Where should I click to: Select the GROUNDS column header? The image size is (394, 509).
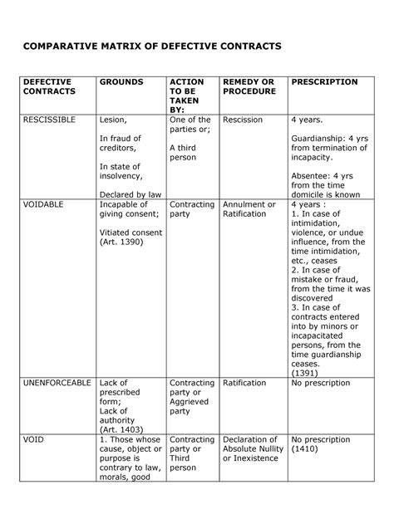pos(121,83)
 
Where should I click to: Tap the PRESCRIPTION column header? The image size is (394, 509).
pos(325,83)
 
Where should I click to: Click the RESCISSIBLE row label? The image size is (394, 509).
pos(49,120)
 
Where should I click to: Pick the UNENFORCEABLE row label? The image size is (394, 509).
pos(57,384)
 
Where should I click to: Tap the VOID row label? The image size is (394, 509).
pos(33,440)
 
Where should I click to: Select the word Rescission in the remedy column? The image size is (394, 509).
pos(243,120)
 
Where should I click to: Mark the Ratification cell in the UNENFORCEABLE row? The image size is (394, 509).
pos(245,384)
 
